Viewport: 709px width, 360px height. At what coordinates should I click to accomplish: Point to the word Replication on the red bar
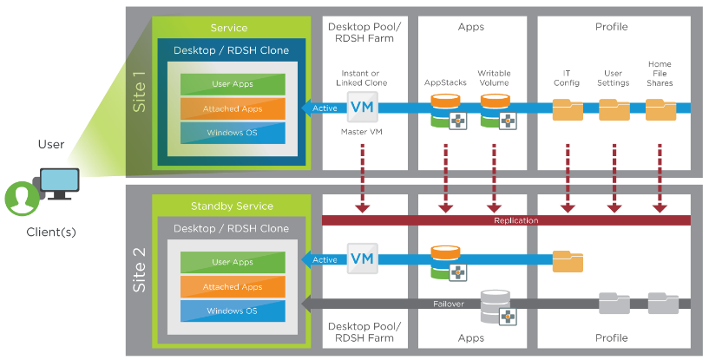click(x=515, y=220)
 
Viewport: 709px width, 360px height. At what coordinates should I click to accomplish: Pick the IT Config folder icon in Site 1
click(x=568, y=109)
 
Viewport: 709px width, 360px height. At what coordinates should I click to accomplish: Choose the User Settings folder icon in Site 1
click(x=614, y=109)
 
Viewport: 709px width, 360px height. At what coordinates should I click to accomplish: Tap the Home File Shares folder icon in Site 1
click(x=660, y=109)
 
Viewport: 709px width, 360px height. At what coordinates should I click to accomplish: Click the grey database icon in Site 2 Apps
click(x=495, y=304)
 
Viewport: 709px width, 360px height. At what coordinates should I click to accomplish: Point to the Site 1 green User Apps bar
click(x=233, y=85)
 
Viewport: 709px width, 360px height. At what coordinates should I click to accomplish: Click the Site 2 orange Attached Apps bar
click(x=233, y=287)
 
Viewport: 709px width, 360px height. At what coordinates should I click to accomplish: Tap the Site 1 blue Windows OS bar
click(x=233, y=133)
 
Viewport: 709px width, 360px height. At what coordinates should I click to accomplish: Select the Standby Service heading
click(x=231, y=206)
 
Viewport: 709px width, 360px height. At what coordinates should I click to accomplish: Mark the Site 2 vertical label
click(x=139, y=269)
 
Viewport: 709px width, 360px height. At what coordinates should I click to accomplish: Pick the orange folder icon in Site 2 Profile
click(x=568, y=260)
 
